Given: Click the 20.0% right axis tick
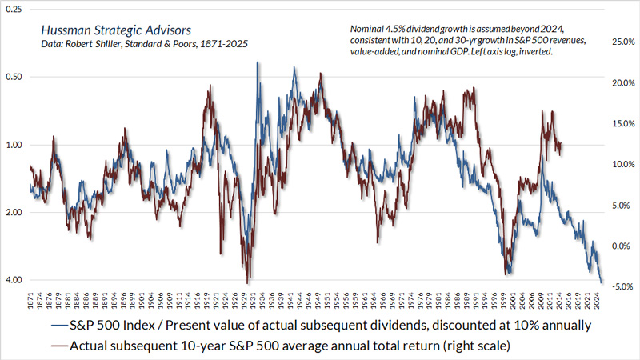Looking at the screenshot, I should click(x=622, y=82).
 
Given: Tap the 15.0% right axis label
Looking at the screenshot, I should click(x=622, y=123).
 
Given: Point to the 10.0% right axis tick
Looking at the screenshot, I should click(x=622, y=164).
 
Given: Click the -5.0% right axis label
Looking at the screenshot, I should click(x=622, y=286).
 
